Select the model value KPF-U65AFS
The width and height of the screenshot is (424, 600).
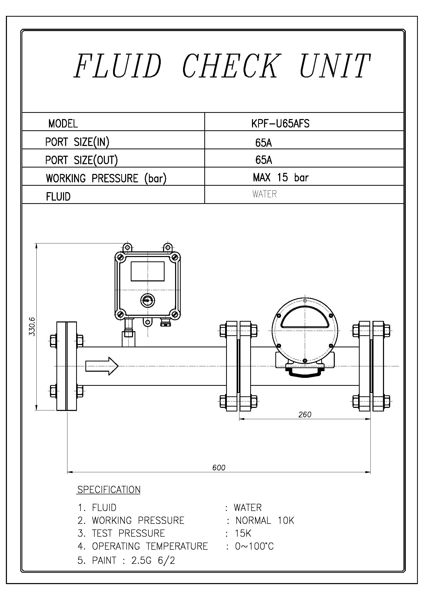coord(280,123)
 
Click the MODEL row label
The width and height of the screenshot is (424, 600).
coord(63,124)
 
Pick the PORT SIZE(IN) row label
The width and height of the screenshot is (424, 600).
coord(77,142)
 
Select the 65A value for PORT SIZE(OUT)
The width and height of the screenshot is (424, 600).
coord(264,160)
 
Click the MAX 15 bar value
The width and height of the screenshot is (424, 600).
coord(281,178)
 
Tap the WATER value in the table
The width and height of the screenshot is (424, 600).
coord(265,194)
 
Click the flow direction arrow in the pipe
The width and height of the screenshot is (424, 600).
coord(102,366)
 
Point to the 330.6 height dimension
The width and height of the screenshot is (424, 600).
coord(32,327)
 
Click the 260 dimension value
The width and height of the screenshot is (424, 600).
coord(305,415)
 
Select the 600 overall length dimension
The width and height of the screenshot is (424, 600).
coord(219,468)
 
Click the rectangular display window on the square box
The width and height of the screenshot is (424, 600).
coord(147,271)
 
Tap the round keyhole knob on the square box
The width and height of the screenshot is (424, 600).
coord(147,301)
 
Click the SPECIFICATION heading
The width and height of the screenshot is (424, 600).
coord(109,490)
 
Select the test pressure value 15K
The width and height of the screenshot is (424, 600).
coord(243,533)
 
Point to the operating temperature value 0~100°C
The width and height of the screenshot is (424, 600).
coord(254,546)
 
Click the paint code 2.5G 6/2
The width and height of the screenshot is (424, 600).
coord(153,560)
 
